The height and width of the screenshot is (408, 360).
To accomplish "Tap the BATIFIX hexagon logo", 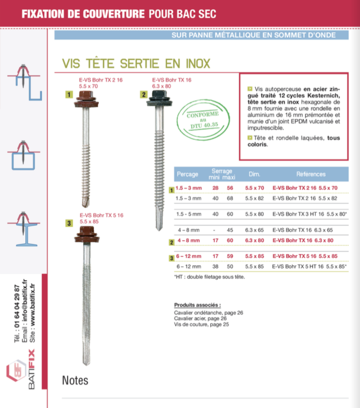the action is pos(16,371).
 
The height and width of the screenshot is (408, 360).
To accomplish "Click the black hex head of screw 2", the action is pos(159,94).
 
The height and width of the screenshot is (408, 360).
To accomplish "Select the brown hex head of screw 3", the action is pos(87,231).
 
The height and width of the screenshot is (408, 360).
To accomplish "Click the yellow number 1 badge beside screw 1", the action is pos(69,94).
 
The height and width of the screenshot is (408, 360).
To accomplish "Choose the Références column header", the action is pos(311,174).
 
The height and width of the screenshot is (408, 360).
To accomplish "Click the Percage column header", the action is pos(187,174).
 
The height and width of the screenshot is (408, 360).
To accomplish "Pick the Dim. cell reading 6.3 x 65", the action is pos(254,230).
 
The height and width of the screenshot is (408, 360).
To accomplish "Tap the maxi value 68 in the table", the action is pos(230,198).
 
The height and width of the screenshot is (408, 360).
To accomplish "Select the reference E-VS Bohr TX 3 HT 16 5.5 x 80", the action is pos(309,214).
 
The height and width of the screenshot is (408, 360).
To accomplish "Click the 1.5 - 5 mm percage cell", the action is pos(189,214).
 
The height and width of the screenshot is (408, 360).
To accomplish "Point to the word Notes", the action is pos(75,381).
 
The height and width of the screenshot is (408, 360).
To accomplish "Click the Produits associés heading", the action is pos(198,305).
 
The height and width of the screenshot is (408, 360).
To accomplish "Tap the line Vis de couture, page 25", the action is pos(202,324).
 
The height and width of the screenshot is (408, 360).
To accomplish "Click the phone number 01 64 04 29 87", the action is pos(17,306).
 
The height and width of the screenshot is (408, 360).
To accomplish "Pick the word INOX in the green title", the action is pos(198,64).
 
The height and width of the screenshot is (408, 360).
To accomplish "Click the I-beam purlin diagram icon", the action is pos(23,229).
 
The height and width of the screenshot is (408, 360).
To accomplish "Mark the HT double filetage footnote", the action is pos(209,277).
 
